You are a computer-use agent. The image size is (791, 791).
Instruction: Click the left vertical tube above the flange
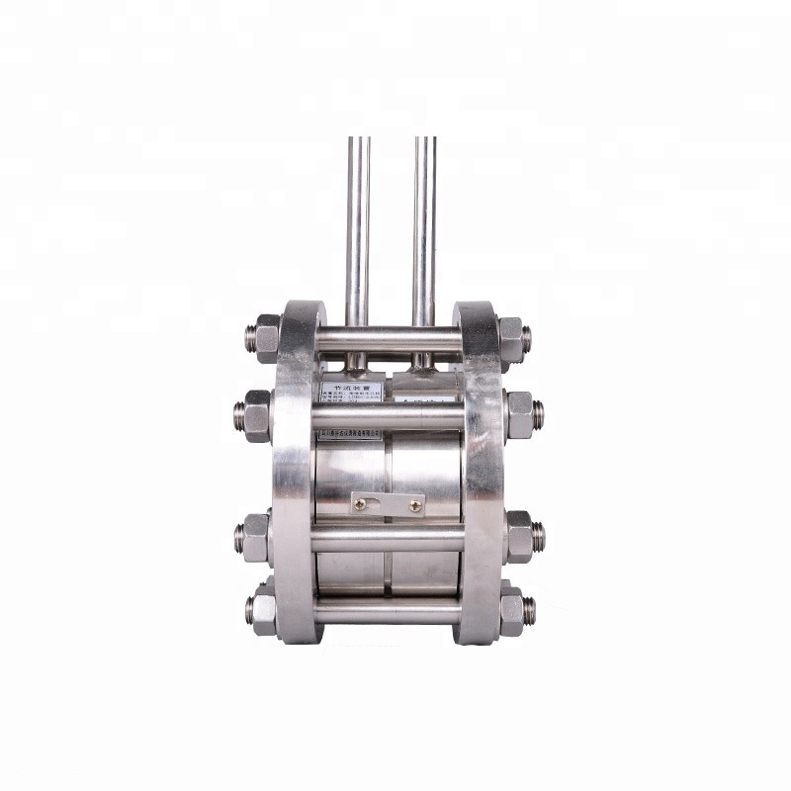358,227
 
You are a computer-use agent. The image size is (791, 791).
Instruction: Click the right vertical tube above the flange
424,227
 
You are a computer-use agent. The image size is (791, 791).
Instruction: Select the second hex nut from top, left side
256,416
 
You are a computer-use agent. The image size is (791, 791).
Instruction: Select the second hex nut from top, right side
520,415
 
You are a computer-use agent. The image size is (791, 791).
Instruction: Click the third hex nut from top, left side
256,537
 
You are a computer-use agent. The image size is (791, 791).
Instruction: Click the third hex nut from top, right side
521,537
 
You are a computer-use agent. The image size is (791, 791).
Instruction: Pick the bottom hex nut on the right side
512,611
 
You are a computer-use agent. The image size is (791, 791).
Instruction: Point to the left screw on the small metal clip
362,505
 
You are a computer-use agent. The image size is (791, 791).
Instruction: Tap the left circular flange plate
294,475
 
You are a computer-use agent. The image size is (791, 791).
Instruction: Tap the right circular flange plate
482,475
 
